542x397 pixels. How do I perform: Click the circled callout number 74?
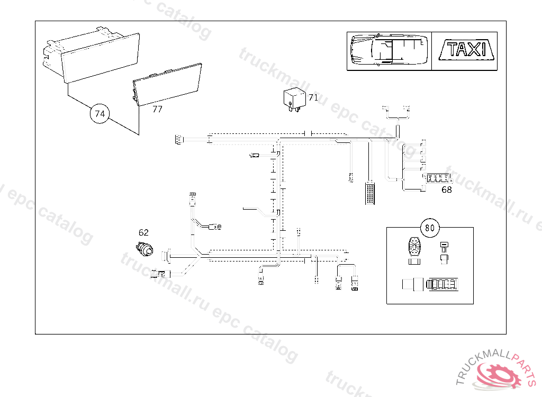point(100,113)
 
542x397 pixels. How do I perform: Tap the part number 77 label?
point(157,110)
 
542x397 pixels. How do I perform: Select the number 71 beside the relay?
point(313,97)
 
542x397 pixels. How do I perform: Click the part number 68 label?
point(447,190)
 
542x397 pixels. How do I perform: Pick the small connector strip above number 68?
point(437,178)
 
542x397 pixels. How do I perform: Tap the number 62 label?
point(143,232)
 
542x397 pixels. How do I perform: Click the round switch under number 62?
point(144,248)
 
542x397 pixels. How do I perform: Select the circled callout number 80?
point(430,228)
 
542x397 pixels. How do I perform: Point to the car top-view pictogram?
point(389,50)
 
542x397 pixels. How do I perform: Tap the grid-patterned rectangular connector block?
point(369,194)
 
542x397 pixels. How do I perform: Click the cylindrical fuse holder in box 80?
point(429,284)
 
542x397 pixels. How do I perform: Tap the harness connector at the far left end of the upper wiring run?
point(177,140)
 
